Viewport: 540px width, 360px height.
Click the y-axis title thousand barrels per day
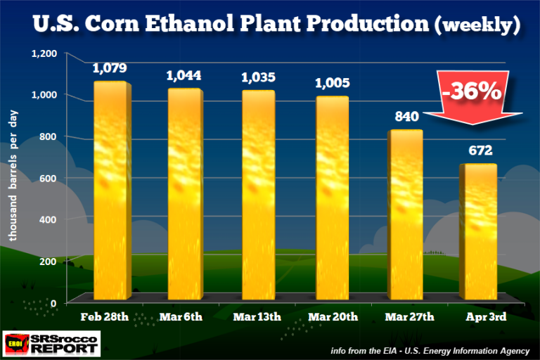13,176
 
